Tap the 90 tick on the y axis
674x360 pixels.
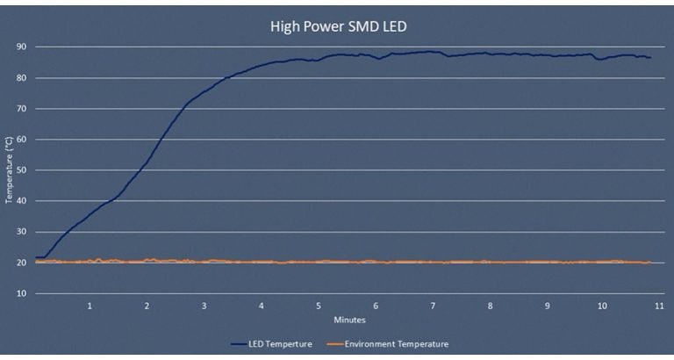tap(20, 47)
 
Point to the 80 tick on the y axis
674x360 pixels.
tap(20, 77)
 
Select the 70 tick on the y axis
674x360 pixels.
tap(20, 108)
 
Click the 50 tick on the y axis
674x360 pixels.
tap(20, 169)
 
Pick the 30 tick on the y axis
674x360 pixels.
tap(20, 231)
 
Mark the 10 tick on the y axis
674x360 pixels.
tap(20, 292)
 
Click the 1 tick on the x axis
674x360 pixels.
tap(90, 306)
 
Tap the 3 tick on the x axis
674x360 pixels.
tap(204, 306)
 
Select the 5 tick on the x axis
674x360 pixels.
tap(319, 306)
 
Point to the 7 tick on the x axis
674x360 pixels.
tap(433, 306)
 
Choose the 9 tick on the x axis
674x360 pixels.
tap(547, 306)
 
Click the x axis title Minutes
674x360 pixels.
tap(348, 319)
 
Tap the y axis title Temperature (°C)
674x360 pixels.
tap(8, 169)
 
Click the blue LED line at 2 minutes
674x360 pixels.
tap(147, 161)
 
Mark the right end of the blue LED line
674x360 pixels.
tap(650, 57)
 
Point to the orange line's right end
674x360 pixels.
tap(650, 262)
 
